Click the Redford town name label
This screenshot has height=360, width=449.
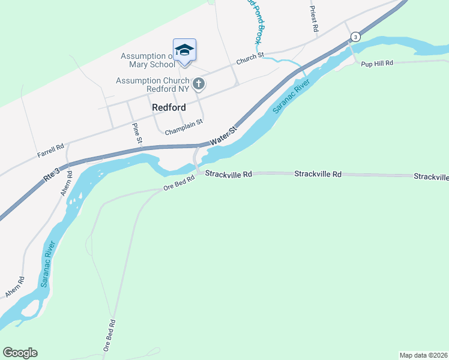[x=169, y=107]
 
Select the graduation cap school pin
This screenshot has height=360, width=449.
[x=184, y=50]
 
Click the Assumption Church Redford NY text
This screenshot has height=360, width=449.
[x=152, y=85]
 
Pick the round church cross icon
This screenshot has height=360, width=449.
[x=199, y=84]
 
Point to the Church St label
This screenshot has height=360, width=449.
[x=250, y=59]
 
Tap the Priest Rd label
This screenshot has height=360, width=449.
[x=313, y=19]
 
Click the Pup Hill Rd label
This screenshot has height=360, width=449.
[x=377, y=63]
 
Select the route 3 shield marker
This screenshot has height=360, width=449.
[x=356, y=37]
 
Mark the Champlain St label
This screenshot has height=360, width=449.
[x=184, y=121]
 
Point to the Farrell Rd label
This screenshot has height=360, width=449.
[x=50, y=150]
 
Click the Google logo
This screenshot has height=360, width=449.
[x=20, y=353]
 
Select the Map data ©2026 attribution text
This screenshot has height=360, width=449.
[x=423, y=355]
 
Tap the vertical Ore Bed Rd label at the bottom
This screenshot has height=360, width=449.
[x=109, y=337]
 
